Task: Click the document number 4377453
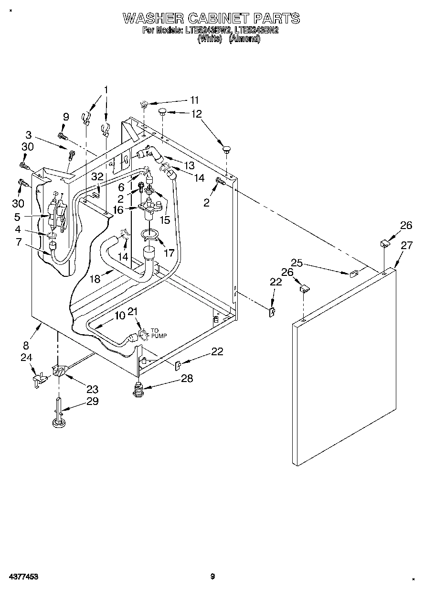22,577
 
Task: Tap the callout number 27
406,246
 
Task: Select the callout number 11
194,100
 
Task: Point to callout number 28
187,378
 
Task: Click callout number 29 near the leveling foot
92,401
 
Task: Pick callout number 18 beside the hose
95,279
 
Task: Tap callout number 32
97,176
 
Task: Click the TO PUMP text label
159,333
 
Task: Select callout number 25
297,262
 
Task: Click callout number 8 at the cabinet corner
26,345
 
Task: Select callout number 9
66,116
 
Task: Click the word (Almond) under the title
244,39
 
